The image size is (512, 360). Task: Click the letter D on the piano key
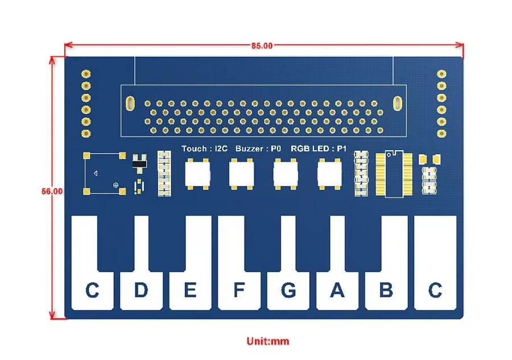point(141,291)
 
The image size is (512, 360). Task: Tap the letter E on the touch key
point(190,291)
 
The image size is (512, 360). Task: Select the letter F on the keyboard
point(239,291)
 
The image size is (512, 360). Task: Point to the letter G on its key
point(288,291)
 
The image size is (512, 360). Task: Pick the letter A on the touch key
point(337,291)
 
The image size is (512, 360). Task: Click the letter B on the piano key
point(386,291)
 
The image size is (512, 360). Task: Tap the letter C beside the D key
point(92,291)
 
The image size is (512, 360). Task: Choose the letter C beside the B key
point(435,291)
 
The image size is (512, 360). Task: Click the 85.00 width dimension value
point(262,45)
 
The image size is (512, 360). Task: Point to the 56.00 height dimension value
point(52,192)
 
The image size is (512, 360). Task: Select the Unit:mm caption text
point(267,341)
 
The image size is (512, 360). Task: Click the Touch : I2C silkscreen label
point(205,149)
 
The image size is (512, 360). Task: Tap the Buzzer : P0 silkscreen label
point(258,149)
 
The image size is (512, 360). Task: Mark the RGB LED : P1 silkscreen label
point(319,149)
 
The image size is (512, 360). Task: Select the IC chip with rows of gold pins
point(392,174)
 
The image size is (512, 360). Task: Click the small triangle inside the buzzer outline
point(96,173)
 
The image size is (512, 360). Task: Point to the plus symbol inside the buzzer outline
point(116,185)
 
